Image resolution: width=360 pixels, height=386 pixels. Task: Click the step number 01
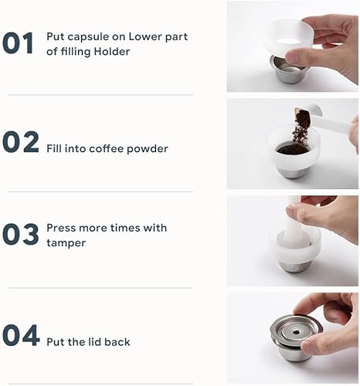[19, 43]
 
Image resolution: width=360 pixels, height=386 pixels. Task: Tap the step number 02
[20, 142]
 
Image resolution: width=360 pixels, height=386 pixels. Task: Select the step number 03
[21, 235]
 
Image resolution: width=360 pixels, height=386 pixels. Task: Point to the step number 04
[21, 335]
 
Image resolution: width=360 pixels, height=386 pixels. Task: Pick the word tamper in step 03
[66, 242]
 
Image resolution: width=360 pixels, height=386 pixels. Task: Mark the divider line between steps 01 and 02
[100, 95]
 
